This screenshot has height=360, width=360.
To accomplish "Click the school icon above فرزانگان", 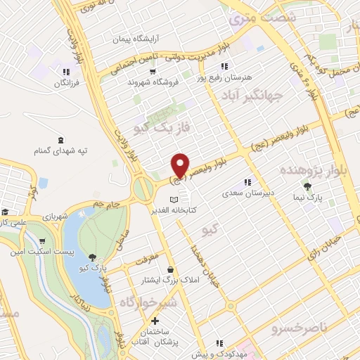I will point(65,72).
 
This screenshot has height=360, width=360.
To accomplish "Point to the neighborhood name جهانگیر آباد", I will point(254,95).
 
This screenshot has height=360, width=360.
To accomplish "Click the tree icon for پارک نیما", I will point(308,187).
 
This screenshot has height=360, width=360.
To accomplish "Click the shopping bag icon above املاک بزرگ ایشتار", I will point(171,269).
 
